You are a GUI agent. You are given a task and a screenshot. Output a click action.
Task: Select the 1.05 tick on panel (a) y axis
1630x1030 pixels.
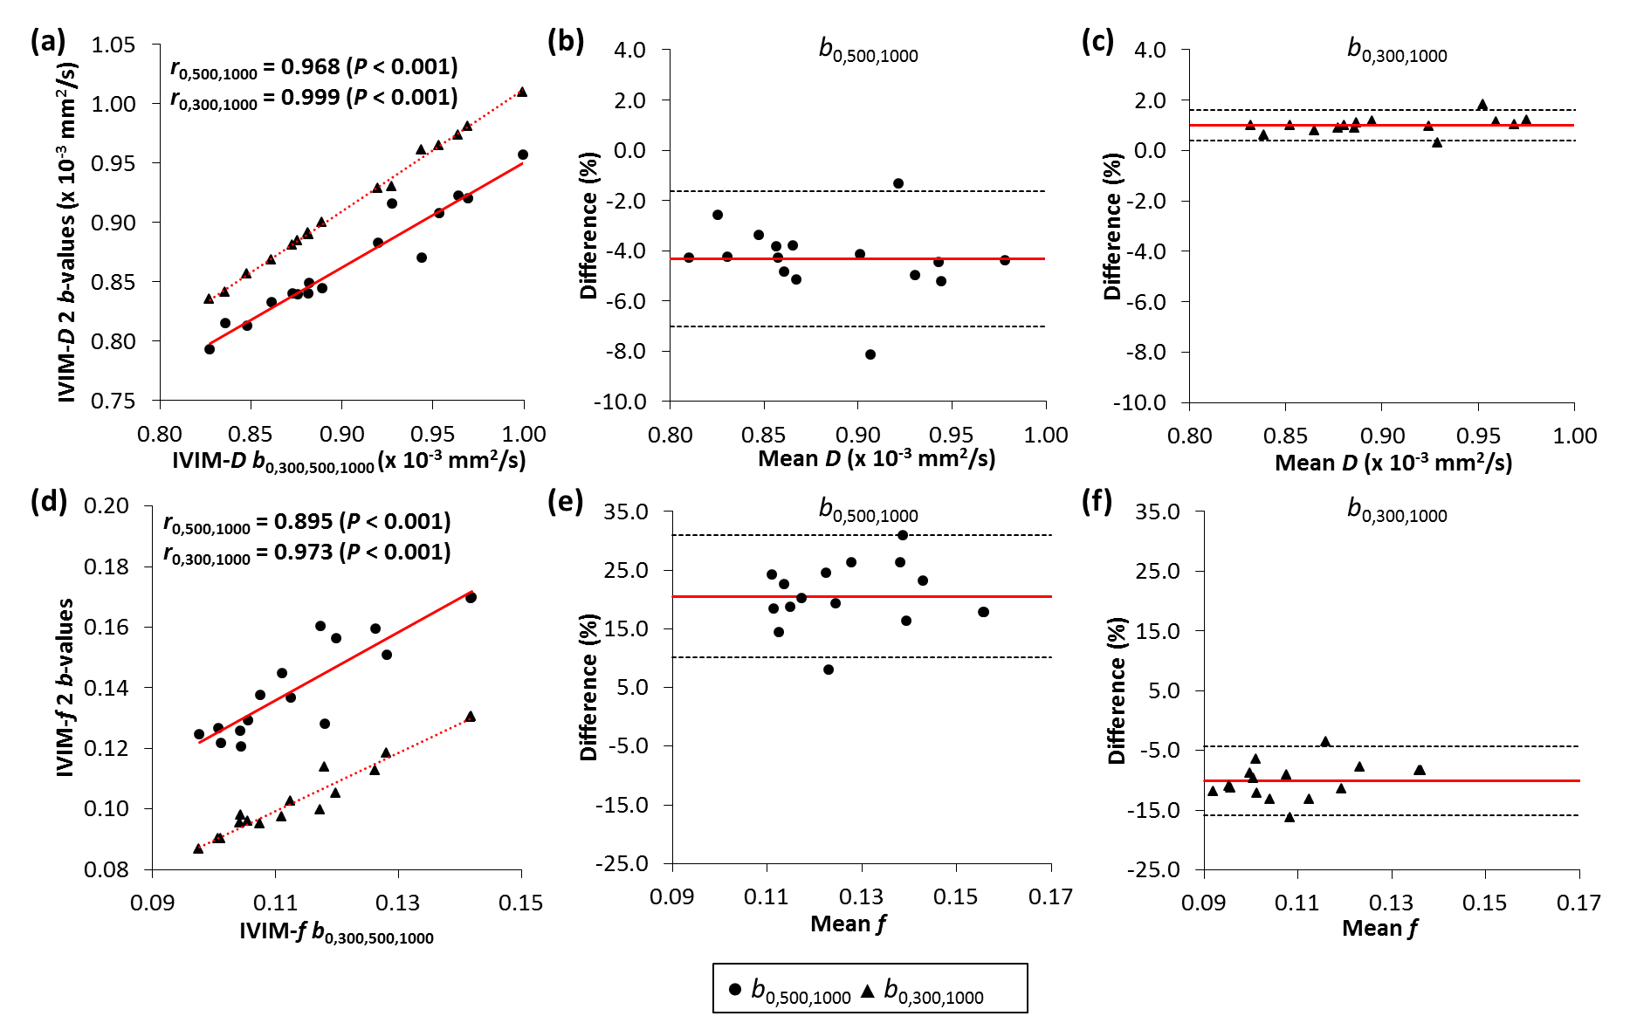[113, 45]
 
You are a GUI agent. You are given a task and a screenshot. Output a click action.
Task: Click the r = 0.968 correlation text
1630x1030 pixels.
[313, 67]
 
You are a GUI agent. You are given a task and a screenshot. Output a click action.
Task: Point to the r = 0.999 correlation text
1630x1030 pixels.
[313, 98]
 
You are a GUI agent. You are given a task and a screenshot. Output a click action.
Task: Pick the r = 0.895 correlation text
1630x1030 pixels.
[307, 522]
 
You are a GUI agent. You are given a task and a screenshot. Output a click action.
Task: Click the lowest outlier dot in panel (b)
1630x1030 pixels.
[870, 354]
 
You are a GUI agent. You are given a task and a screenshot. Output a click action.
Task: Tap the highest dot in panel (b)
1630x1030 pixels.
[898, 183]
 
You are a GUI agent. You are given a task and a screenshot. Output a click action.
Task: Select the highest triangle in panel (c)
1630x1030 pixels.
[1482, 105]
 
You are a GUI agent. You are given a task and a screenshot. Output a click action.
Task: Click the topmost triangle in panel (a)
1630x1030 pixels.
[522, 92]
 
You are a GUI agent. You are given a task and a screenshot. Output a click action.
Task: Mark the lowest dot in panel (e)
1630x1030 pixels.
[829, 669]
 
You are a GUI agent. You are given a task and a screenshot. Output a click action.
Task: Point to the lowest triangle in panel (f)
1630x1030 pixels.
[1290, 817]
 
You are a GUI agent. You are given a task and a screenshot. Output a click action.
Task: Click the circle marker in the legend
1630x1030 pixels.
[735, 990]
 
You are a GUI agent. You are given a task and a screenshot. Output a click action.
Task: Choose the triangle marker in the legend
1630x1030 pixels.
[868, 990]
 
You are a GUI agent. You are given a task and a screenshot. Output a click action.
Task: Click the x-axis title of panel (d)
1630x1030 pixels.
[336, 932]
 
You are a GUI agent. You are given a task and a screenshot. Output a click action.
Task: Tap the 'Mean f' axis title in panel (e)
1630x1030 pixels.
[848, 924]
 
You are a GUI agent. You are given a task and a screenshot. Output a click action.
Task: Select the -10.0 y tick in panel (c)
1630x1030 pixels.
[1140, 402]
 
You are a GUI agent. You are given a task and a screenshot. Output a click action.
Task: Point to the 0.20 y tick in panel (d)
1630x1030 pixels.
[107, 506]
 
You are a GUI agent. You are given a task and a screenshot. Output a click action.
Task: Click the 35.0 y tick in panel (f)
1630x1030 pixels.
[1157, 512]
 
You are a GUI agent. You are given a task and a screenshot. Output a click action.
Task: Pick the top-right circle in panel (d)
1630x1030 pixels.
[471, 598]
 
